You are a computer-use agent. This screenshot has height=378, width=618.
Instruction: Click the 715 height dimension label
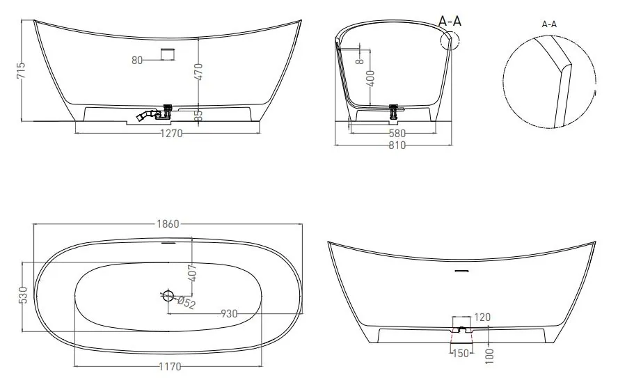(x=22, y=70)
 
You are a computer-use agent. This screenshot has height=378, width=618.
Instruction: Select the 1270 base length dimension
(x=171, y=134)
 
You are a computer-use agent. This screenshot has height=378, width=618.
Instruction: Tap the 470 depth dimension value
(x=198, y=72)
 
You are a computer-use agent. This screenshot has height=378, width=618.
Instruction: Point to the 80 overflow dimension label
(x=137, y=61)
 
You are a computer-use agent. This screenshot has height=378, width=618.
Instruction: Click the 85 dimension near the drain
(x=198, y=115)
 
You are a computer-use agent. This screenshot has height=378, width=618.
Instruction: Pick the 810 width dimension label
(x=397, y=145)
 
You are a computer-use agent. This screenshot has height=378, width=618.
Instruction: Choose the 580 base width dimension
(x=397, y=134)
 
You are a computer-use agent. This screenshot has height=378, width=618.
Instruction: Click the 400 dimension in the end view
(x=370, y=79)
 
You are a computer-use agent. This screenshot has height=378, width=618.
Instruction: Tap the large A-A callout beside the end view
(x=450, y=21)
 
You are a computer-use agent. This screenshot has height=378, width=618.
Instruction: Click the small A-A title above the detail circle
(x=549, y=24)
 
